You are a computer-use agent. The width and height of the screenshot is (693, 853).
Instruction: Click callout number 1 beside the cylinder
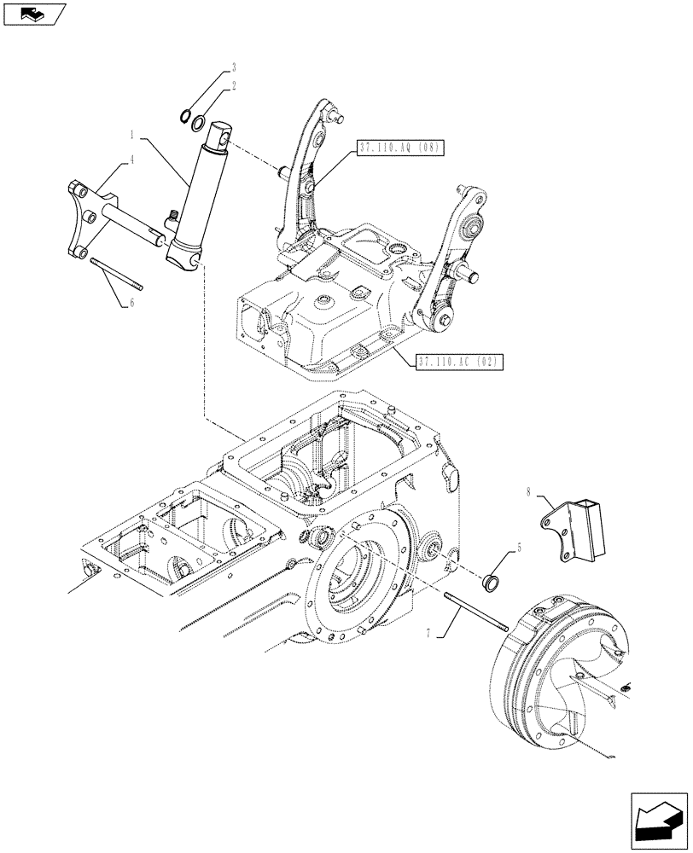coord(132,134)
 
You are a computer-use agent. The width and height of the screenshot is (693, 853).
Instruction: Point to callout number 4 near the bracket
coord(132,159)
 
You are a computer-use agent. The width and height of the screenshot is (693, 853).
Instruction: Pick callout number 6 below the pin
coord(132,303)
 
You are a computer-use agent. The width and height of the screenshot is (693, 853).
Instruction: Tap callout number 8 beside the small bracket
coord(529,492)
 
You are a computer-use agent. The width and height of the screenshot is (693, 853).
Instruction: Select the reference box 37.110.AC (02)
coord(458,362)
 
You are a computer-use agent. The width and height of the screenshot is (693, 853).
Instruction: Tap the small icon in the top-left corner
coord(33,14)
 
